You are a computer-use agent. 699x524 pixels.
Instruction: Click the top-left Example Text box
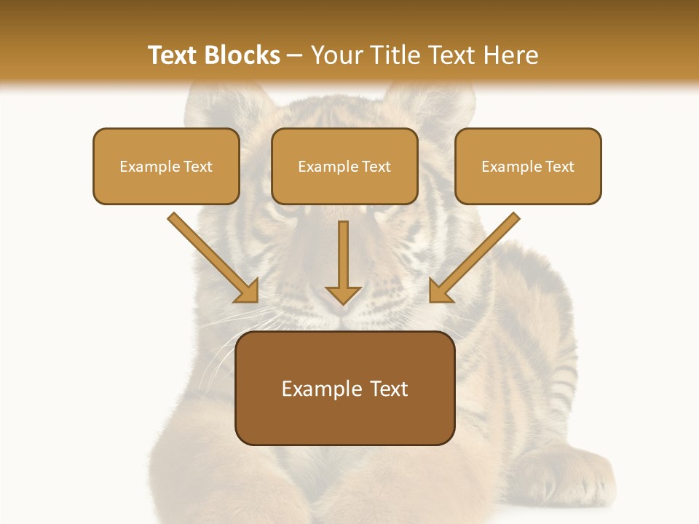(166, 166)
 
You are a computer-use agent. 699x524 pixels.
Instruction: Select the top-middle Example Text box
(344, 166)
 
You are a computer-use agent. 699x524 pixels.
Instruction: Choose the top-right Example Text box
(528, 166)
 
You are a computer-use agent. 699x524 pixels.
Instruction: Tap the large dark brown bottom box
(345, 388)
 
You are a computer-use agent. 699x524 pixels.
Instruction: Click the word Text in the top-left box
(197, 167)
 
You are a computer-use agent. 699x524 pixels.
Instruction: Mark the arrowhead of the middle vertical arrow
(343, 293)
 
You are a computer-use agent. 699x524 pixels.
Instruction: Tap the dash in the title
(295, 56)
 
